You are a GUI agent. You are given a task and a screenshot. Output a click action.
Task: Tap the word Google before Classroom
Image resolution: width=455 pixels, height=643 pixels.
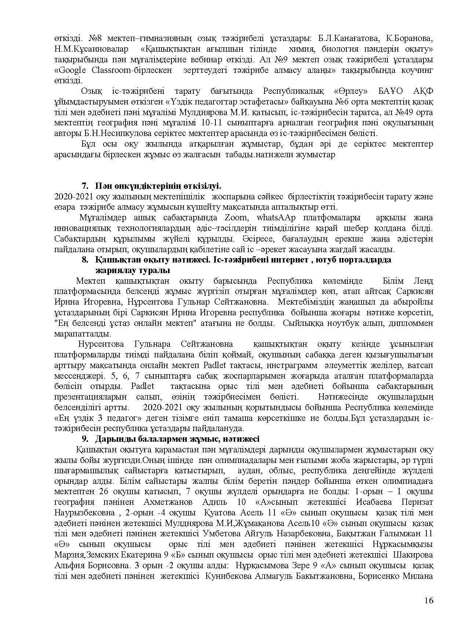tap(70, 70)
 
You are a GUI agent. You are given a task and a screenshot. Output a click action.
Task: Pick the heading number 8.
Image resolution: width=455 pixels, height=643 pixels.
tap(85, 260)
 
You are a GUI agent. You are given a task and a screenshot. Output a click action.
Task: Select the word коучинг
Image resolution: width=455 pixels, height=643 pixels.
tap(416, 70)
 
